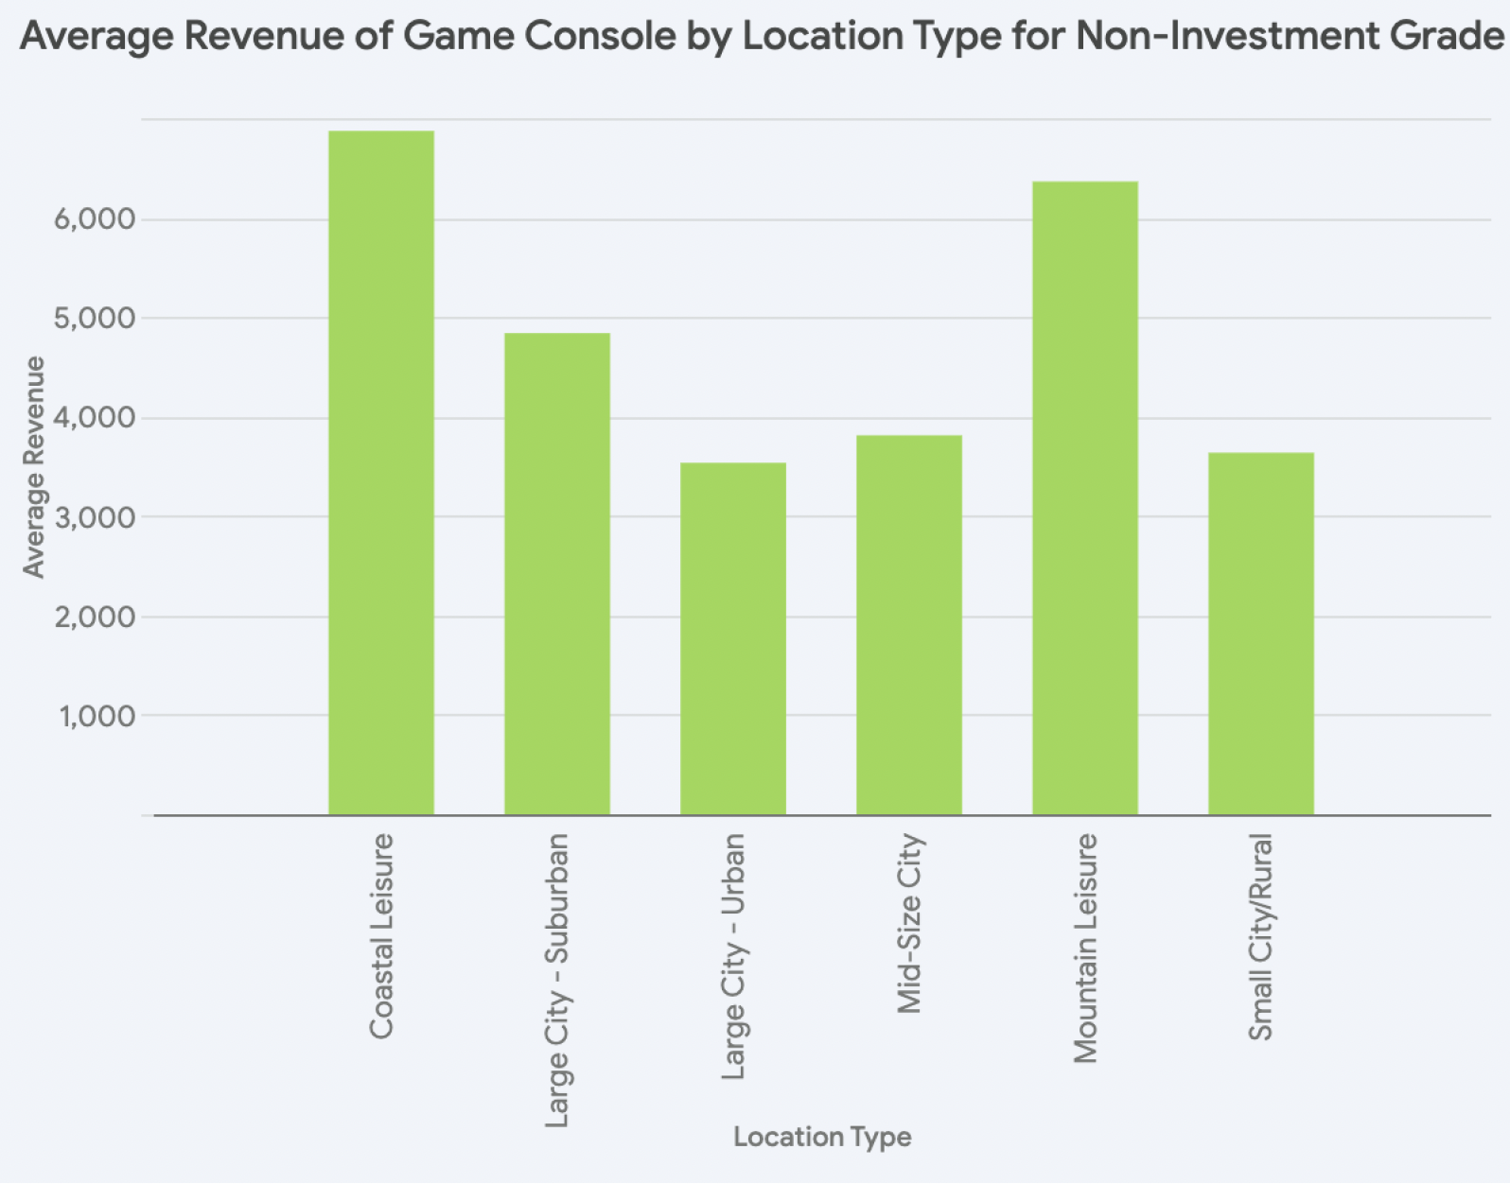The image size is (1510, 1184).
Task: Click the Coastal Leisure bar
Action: pyautogui.click(x=381, y=473)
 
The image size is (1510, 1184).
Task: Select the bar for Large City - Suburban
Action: pyautogui.click(x=557, y=574)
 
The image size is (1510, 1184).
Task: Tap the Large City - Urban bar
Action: pyautogui.click(x=733, y=638)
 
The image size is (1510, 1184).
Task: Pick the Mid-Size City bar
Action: pyautogui.click(x=909, y=625)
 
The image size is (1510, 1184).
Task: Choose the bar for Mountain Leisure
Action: pyautogui.click(x=1085, y=498)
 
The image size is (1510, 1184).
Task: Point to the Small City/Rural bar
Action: pyautogui.click(x=1261, y=634)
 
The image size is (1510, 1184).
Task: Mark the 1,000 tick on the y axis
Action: pyautogui.click(x=97, y=716)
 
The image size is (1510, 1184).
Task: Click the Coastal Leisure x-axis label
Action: pyautogui.click(x=381, y=936)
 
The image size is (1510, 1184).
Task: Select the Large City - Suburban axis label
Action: pyautogui.click(x=557, y=981)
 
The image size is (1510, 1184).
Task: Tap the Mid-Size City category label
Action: pyautogui.click(x=909, y=924)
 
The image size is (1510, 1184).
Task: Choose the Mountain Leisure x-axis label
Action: pyautogui.click(x=1085, y=949)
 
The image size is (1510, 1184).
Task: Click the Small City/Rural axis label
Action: pyautogui.click(x=1261, y=937)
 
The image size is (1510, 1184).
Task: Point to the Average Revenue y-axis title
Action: pyautogui.click(x=34, y=467)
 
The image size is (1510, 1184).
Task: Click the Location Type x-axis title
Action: pyautogui.click(x=822, y=1137)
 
